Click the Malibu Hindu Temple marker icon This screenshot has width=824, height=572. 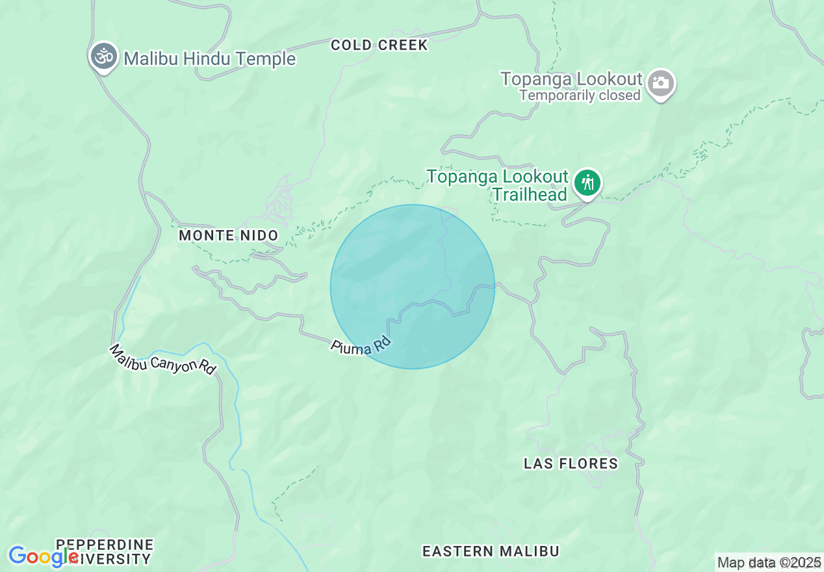pyautogui.click(x=103, y=57)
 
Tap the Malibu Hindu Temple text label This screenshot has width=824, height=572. pyautogui.click(x=209, y=59)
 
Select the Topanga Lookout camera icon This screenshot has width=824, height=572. pyautogui.click(x=661, y=83)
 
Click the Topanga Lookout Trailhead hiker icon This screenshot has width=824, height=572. pyautogui.click(x=587, y=183)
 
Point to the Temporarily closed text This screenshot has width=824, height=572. pyautogui.click(x=580, y=96)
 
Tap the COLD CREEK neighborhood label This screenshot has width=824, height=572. pyautogui.click(x=379, y=45)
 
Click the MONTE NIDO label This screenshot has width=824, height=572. pyautogui.click(x=228, y=235)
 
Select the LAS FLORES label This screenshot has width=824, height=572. pyautogui.click(x=571, y=463)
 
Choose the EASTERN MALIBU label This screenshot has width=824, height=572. pyautogui.click(x=491, y=551)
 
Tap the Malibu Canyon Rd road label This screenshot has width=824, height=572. pyautogui.click(x=162, y=359)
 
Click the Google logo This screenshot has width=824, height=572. pyautogui.click(x=43, y=556)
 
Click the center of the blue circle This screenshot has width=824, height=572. pyautogui.click(x=413, y=287)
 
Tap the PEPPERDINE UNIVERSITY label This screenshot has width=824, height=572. pyautogui.click(x=105, y=551)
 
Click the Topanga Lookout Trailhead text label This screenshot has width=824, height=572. pyautogui.click(x=498, y=185)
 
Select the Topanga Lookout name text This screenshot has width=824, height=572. pyautogui.click(x=571, y=79)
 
